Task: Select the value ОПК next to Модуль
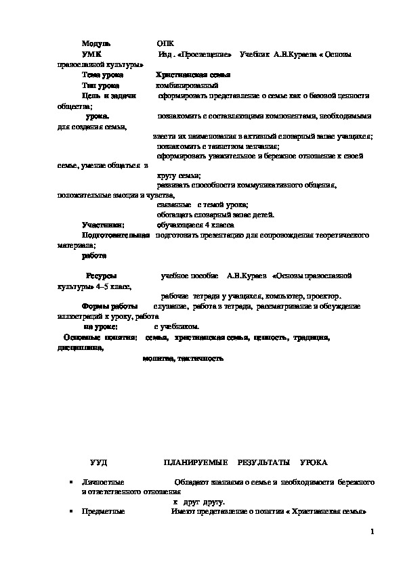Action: pyautogui.click(x=164, y=42)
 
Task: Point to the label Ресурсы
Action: pyautogui.click(x=101, y=276)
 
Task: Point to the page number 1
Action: pyautogui.click(x=372, y=531)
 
